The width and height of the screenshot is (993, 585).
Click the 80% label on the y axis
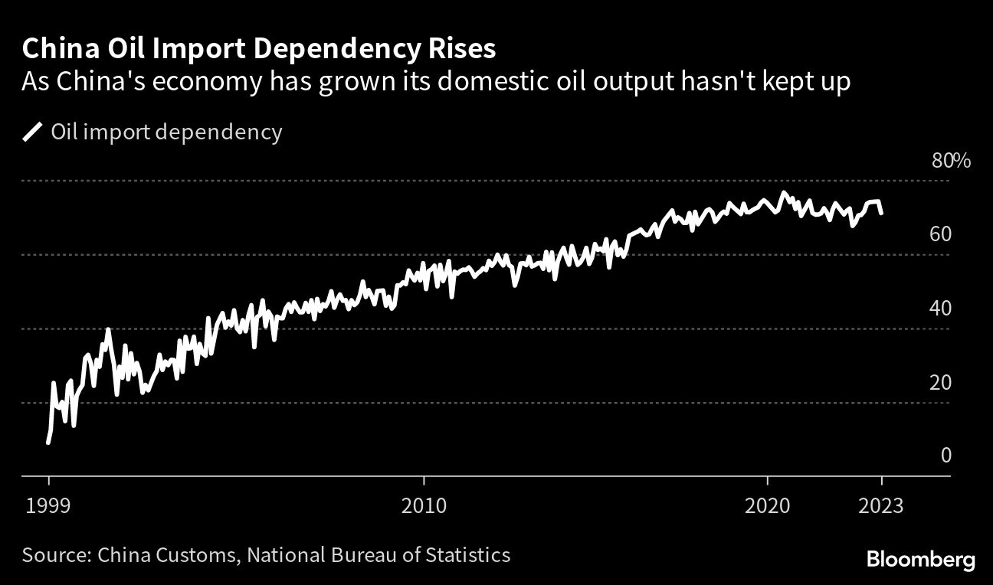coord(951,161)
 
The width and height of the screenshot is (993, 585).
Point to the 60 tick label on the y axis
coord(940,234)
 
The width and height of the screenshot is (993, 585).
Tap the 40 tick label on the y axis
coord(940,308)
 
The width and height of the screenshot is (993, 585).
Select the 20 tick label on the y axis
coord(940,382)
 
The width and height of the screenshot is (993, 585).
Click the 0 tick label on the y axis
coord(945,456)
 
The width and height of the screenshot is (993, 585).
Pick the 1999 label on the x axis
coord(48,506)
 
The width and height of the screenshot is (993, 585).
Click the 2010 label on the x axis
coord(423,506)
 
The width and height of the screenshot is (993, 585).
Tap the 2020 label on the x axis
coord(767,506)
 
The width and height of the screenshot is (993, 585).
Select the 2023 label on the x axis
coord(882,506)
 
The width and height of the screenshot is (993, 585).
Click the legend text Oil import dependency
coord(166,132)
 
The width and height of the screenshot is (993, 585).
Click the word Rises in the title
coord(459,49)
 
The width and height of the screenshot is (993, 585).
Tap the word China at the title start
coord(56,49)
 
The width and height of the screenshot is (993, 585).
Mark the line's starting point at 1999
coord(48,443)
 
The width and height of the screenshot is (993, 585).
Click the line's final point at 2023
coord(882,213)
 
